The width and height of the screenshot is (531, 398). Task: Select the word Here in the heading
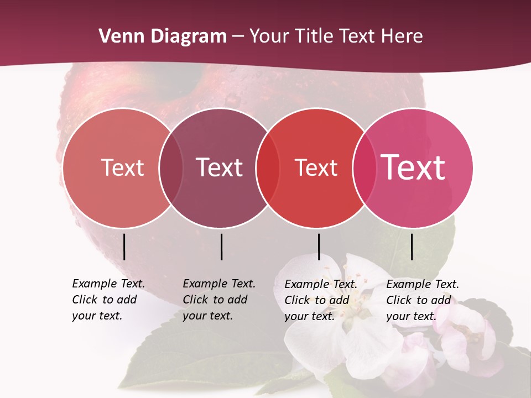[x=402, y=36]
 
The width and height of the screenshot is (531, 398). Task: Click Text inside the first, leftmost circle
[x=122, y=167]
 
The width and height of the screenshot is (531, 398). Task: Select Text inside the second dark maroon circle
[x=220, y=167]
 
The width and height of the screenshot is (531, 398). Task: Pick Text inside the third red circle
[x=316, y=167]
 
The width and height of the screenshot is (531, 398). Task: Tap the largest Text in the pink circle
[x=413, y=167]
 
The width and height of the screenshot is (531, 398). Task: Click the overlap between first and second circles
[x=171, y=168]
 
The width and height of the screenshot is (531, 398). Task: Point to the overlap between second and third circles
[x=268, y=168]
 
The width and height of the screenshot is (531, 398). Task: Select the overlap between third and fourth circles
[x=363, y=168]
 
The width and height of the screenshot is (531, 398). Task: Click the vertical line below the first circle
[x=124, y=247]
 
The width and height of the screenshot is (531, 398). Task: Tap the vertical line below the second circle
[x=221, y=247]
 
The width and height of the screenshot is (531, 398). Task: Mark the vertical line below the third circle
[x=319, y=247]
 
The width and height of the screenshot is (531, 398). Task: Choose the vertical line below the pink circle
[x=412, y=247]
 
